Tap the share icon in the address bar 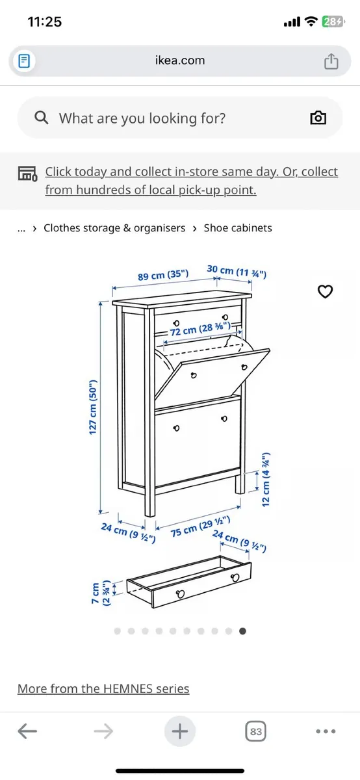[x=331, y=61]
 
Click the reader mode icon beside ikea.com [x=25, y=61]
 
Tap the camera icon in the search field [x=318, y=118]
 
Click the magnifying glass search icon [x=42, y=118]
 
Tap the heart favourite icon [x=325, y=292]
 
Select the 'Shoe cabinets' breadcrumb [x=238, y=228]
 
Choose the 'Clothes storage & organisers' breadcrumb [x=114, y=228]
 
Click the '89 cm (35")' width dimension [x=163, y=275]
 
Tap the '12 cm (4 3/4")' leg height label [x=266, y=479]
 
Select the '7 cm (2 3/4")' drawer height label [x=101, y=593]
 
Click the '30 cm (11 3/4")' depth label [x=237, y=271]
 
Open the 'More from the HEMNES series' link [x=103, y=689]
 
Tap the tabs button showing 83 [x=256, y=732]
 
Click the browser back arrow [x=27, y=732]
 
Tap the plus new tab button [x=179, y=732]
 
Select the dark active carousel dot [x=243, y=630]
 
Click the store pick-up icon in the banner [x=27, y=173]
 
